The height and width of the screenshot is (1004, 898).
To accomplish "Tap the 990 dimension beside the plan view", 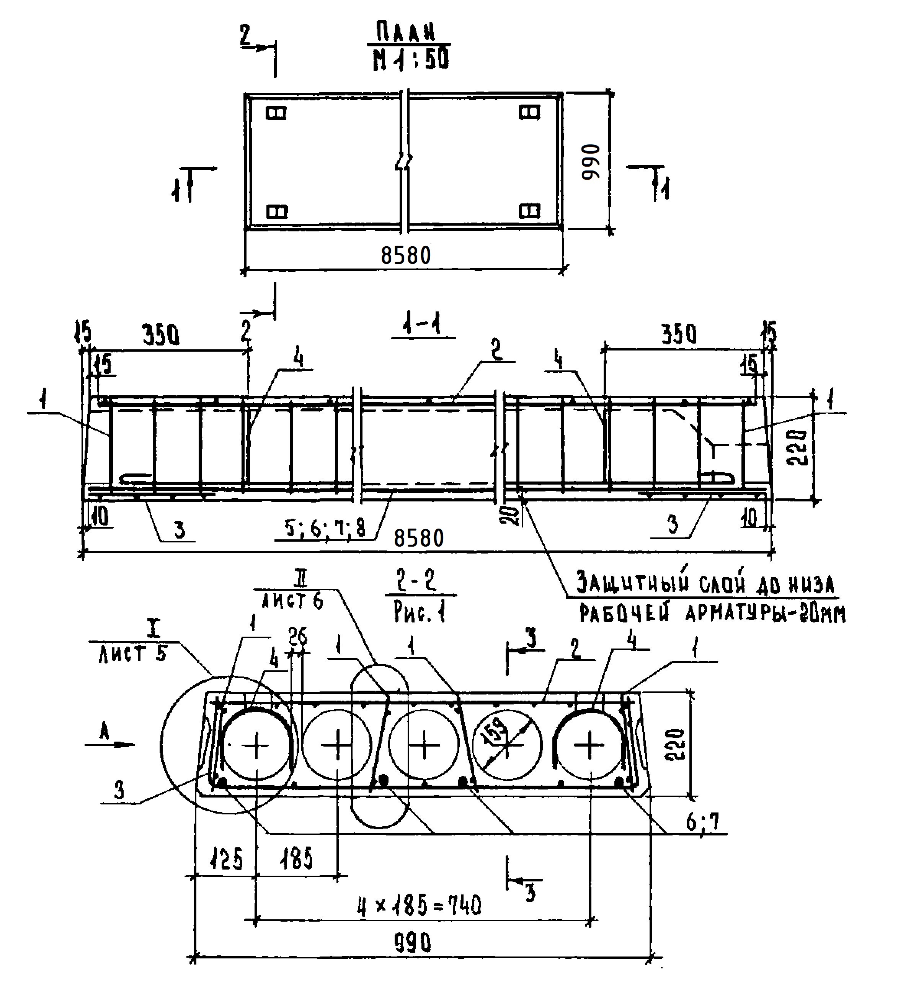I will (x=591, y=162).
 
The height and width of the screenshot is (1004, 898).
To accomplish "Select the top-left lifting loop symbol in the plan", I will (x=276, y=113).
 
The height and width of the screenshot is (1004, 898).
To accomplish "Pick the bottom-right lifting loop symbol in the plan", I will (x=530, y=211).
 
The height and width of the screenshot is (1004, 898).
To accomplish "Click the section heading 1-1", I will (x=422, y=326).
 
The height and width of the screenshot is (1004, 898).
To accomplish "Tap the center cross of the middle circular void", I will (x=424, y=745).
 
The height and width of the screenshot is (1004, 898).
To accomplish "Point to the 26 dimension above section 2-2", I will (x=298, y=637).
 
